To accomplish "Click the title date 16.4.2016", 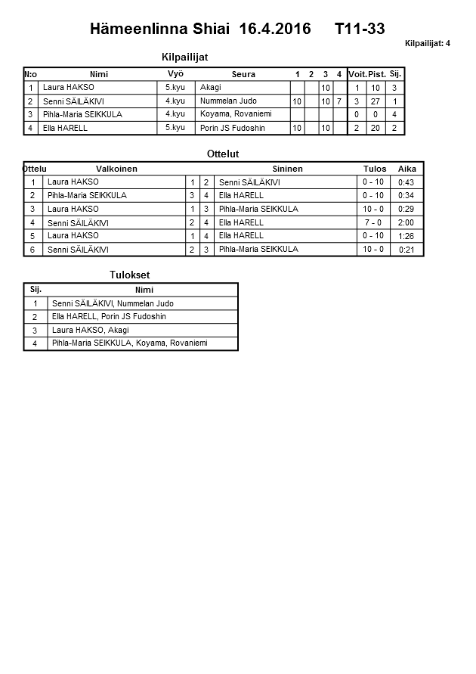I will [x=274, y=30].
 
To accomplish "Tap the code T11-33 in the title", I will [x=360, y=30].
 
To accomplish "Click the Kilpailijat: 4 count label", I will [x=428, y=44].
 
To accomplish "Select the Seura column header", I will [x=243, y=74].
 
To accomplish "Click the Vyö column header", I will [x=175, y=73].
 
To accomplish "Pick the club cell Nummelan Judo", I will [x=228, y=101].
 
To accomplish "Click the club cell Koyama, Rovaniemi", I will [x=236, y=114].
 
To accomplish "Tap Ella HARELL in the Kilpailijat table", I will [x=66, y=128].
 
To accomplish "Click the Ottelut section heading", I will [x=222, y=154].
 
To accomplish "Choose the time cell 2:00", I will [x=406, y=223].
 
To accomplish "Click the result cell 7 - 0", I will [x=373, y=223].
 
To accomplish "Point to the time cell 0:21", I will [x=406, y=250].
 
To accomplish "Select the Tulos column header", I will [x=374, y=169].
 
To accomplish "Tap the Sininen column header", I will [x=287, y=169].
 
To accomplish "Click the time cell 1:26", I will [x=406, y=236].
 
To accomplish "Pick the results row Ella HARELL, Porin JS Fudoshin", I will [x=109, y=317].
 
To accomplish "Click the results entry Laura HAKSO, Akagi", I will [x=90, y=331].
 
